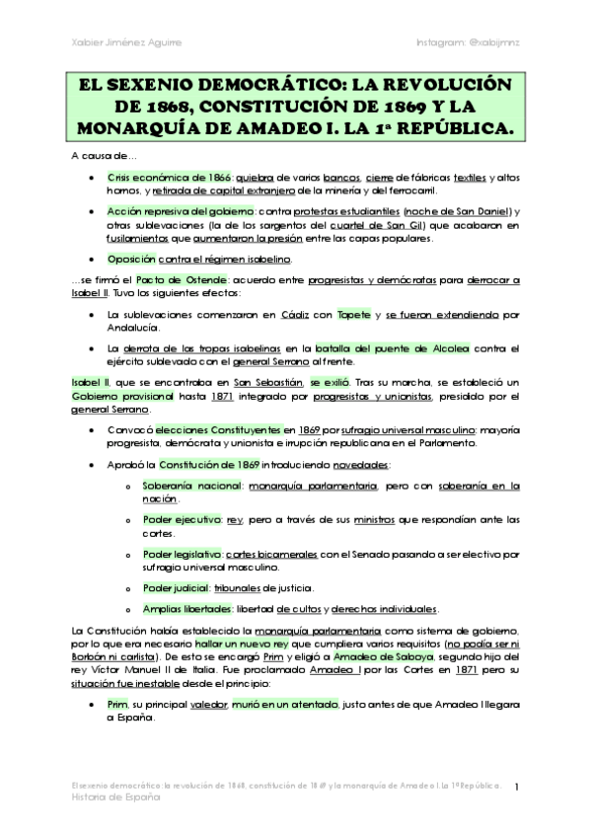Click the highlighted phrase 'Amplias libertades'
click(x=187, y=609)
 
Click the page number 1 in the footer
click(x=517, y=786)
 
